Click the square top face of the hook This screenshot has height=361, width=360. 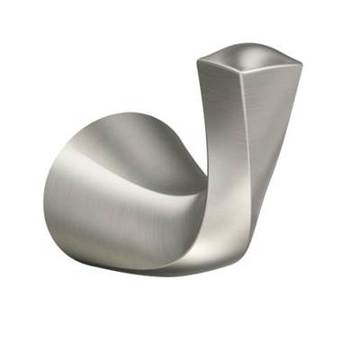point(249,55)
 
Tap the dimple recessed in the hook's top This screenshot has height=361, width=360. point(250,57)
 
